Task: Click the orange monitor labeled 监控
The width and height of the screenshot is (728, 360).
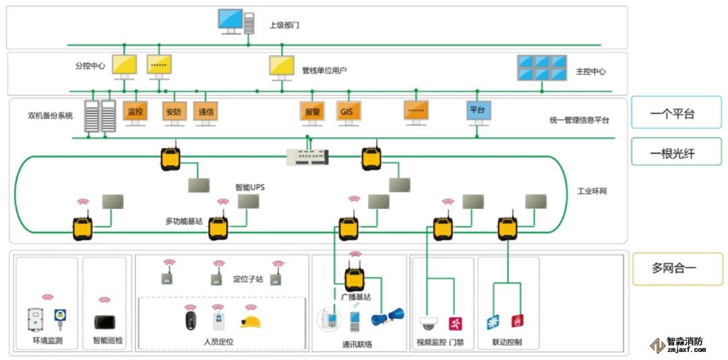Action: pos(135,111)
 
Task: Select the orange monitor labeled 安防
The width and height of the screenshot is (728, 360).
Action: pos(173,112)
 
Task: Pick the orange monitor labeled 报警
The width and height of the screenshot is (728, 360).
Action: pos(311,111)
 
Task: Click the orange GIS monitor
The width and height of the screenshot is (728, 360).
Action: pos(348,111)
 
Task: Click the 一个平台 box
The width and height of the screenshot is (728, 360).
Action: pos(671,114)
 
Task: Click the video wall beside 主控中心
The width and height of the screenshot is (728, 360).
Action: pos(541,68)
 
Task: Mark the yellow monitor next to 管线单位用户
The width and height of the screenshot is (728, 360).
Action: pos(282,66)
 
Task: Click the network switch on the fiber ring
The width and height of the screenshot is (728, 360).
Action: pos(308,157)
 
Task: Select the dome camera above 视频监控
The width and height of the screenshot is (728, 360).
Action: pos(428,323)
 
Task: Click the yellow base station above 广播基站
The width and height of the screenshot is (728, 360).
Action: pos(355,278)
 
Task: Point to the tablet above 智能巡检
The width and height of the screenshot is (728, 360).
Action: pos(104,322)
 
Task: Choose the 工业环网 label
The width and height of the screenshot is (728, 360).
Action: pos(592,191)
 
